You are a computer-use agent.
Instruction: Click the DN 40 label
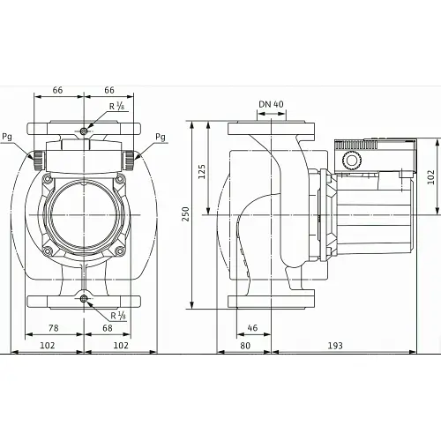pyautogui.click(x=271, y=105)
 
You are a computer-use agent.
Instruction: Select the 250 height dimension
pyautogui.click(x=185, y=213)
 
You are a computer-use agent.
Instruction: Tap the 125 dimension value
pyautogui.click(x=202, y=169)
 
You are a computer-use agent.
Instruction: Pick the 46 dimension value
pyautogui.click(x=253, y=327)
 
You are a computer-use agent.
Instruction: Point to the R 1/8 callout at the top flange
pyautogui.click(x=116, y=107)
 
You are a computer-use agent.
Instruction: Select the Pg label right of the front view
pyautogui.click(x=160, y=137)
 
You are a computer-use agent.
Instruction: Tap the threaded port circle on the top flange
pyautogui.click(x=84, y=131)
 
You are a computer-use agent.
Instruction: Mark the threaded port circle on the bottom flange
pyautogui.click(x=84, y=300)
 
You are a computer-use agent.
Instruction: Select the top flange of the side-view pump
pyautogui.click(x=271, y=128)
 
